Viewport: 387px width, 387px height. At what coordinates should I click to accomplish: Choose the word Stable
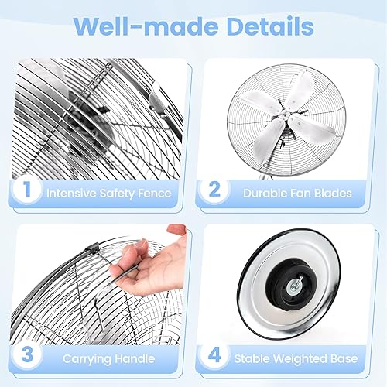(252, 359)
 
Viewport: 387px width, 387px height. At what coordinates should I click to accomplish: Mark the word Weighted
(300, 359)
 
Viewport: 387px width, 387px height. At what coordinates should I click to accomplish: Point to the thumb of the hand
(178, 230)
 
